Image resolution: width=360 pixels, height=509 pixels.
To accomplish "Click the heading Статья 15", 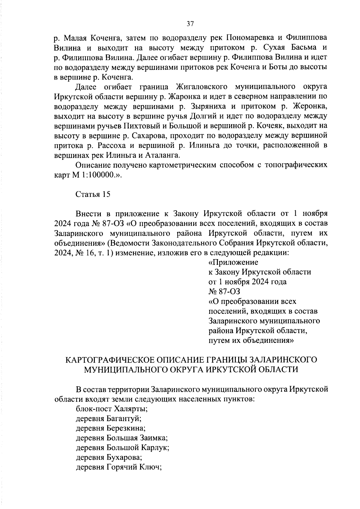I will pyautogui.click(x=93, y=194).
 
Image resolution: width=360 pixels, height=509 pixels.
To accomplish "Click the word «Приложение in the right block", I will pyautogui.click(x=233, y=262).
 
